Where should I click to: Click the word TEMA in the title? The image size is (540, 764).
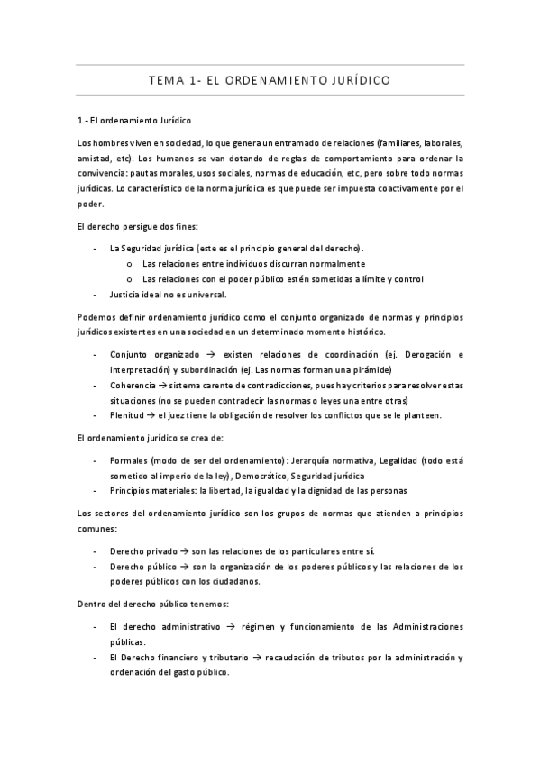tap(166, 80)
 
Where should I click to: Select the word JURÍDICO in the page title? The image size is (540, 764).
tap(355, 80)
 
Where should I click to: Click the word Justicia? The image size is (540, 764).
tap(126, 294)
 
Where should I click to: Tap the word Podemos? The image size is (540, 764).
tap(96, 316)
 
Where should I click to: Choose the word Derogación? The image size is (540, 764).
tap(416, 354)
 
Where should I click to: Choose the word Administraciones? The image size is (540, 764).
tap(421, 626)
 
